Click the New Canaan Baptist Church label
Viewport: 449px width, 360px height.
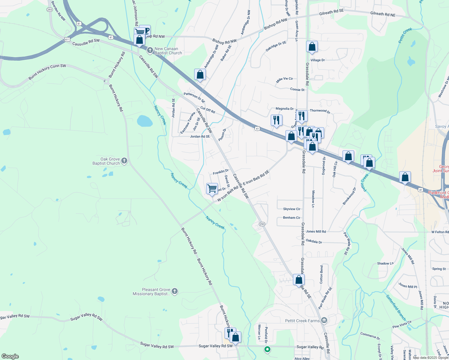[168, 51]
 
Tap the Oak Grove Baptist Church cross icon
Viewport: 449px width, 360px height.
[124, 161]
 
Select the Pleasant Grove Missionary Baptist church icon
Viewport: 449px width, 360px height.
[175, 291]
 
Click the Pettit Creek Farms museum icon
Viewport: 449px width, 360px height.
[324, 321]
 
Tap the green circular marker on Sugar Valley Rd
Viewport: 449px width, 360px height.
[267, 349]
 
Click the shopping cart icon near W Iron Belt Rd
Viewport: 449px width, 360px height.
[212, 188]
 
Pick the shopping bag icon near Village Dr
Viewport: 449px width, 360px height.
[312, 46]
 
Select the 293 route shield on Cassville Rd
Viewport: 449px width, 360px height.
[262, 224]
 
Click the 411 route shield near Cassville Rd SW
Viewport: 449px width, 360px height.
[67, 39]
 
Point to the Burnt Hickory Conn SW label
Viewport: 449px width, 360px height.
[47, 72]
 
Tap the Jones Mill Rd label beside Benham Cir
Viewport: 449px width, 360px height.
[316, 232]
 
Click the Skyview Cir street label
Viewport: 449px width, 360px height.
[291, 209]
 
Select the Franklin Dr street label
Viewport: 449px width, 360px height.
[221, 172]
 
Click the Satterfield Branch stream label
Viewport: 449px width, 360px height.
[396, 308]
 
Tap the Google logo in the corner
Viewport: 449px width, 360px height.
[10, 356]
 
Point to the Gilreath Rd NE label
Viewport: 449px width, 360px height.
[383, 14]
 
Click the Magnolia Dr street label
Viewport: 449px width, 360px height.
[285, 109]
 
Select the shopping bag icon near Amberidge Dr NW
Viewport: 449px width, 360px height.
[200, 74]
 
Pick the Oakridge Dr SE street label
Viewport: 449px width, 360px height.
[276, 46]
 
